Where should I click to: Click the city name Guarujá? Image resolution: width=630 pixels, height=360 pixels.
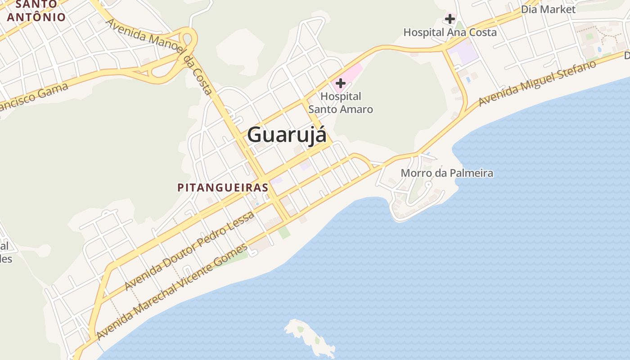tap(287, 134)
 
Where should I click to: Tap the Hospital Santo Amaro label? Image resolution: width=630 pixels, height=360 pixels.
tap(341, 103)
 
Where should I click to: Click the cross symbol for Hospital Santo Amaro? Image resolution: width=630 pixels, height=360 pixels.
tap(341, 83)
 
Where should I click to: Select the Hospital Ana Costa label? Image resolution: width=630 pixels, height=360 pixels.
tap(450, 32)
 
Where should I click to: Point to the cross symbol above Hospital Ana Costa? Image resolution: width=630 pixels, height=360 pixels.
tap(450, 19)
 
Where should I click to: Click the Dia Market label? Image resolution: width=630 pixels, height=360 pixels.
tap(548, 9)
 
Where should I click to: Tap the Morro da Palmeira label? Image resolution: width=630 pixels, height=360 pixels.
tap(447, 173)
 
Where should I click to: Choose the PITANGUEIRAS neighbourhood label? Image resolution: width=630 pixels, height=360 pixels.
tap(223, 188)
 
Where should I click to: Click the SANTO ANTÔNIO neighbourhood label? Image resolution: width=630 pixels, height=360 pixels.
tap(36, 11)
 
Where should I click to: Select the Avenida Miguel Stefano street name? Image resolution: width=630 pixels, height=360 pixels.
tap(537, 84)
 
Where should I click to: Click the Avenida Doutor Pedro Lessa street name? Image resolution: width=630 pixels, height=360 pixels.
tap(189, 251)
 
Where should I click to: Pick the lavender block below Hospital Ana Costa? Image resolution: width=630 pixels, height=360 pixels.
tap(463, 54)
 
